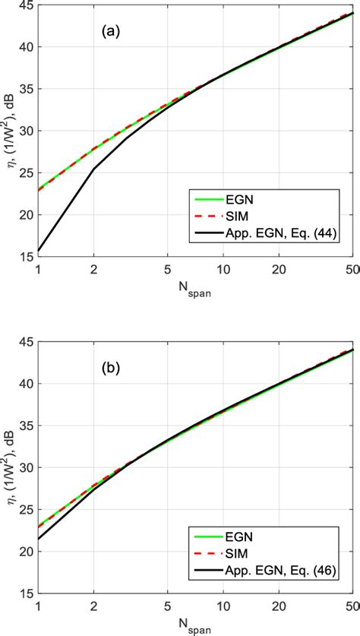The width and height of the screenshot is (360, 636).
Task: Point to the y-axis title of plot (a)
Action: (x=9, y=131)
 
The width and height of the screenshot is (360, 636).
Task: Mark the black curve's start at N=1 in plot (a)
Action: (x=38, y=251)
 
